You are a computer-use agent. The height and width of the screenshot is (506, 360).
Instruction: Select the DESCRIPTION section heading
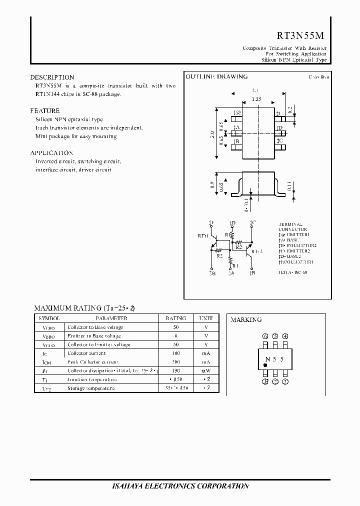point(52,77)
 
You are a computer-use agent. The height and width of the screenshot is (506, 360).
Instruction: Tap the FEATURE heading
point(45,111)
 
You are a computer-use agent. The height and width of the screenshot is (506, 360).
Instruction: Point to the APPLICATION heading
point(51,153)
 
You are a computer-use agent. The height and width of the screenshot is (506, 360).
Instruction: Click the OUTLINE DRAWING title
point(216,77)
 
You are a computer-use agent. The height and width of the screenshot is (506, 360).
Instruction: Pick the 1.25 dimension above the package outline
point(256,99)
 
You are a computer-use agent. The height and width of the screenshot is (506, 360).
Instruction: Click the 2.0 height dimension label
point(212,134)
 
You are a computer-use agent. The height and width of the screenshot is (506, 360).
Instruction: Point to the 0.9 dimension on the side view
point(212,185)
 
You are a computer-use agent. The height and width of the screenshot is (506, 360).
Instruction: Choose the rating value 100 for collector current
point(175,353)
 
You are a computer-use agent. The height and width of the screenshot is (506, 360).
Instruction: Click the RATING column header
point(175,318)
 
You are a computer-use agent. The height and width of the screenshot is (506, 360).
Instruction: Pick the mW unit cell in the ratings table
point(205,371)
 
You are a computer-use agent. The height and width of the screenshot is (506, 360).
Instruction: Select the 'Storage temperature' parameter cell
point(91,388)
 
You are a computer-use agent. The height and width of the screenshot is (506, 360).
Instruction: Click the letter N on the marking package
point(267,359)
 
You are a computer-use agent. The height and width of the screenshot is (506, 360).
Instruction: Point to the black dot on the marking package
point(265,366)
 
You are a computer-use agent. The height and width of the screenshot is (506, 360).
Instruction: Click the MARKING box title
point(246,320)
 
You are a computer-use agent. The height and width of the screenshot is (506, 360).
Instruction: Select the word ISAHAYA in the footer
point(129,486)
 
